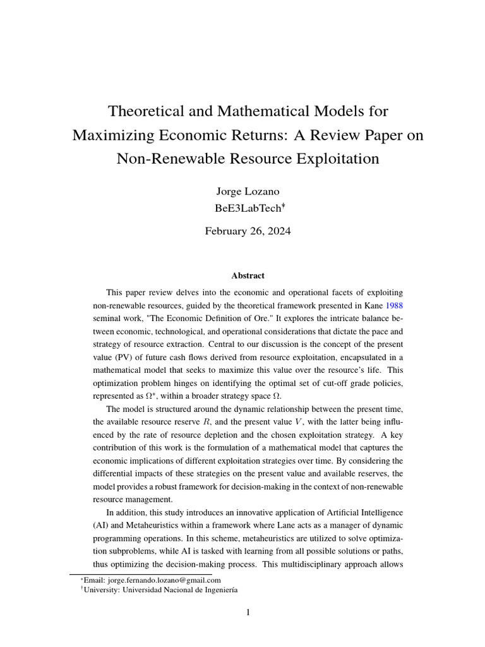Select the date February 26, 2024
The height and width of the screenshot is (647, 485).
click(248, 231)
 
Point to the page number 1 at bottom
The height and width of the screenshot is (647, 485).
click(248, 612)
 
